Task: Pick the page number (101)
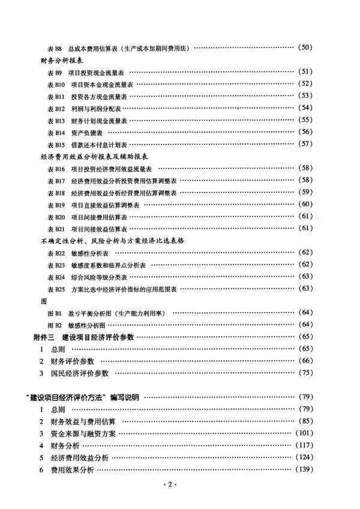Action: coord(303,433)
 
